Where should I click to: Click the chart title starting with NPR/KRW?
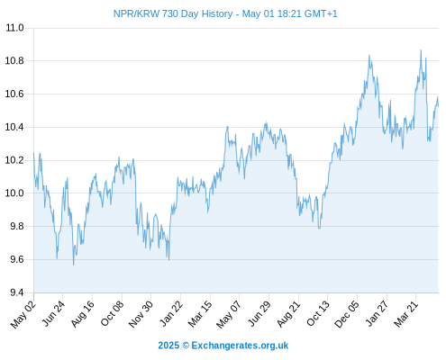coord(225,13)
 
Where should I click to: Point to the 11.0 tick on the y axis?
coord(14,28)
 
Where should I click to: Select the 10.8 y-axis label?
coord(14,61)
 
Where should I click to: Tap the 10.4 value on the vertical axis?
coord(14,127)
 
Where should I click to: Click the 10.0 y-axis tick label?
coord(14,193)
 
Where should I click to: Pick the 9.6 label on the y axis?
coord(17,259)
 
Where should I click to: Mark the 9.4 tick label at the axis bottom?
coord(17,292)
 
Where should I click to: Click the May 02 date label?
coord(23,314)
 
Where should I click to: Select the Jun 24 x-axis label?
coord(53,313)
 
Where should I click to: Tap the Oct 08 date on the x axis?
coord(112,313)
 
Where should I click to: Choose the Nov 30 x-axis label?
coord(141,314)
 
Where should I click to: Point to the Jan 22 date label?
coord(171,313)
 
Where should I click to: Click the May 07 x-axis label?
coord(229,314)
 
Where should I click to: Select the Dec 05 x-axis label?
coord(347,314)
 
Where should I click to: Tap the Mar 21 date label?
coord(406,313)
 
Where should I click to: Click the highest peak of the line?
coord(421,50)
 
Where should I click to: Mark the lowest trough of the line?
coord(73,265)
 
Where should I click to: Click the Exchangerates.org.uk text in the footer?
coord(240,346)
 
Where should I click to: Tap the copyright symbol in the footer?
coord(186,346)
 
